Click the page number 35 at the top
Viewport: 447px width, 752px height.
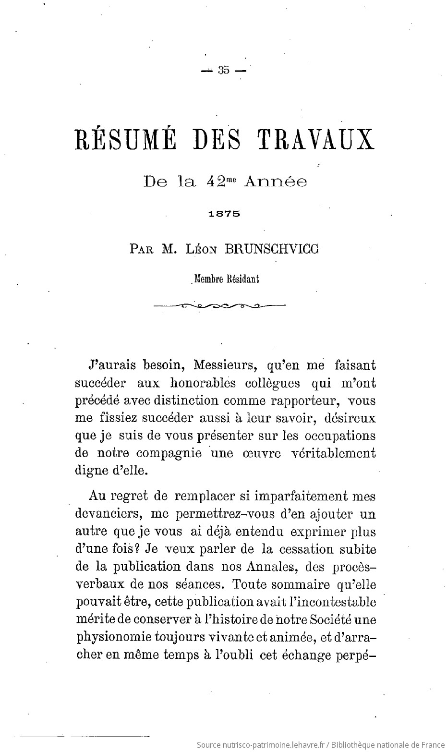tap(223, 70)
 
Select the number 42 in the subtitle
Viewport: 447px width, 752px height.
tap(213, 182)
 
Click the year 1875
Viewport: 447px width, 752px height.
tap(224, 215)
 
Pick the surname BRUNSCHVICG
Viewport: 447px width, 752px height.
tap(272, 249)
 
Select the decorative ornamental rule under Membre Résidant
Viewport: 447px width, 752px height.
tap(219, 305)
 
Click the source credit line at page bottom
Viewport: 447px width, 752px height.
tap(320, 744)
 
